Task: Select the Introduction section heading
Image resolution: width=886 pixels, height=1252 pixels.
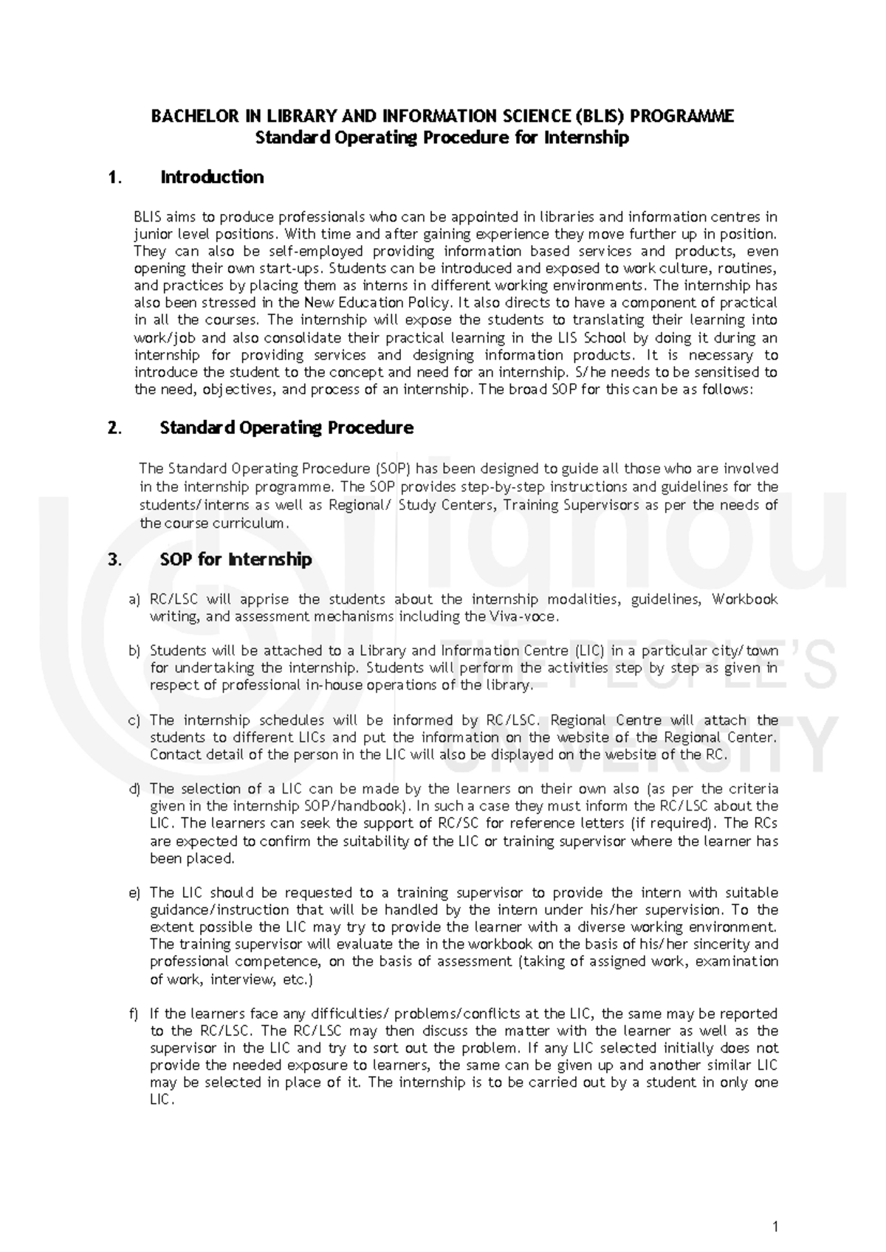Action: (211, 177)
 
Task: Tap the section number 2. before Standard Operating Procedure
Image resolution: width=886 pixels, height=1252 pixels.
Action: (114, 428)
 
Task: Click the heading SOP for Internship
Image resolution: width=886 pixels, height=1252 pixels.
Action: (236, 560)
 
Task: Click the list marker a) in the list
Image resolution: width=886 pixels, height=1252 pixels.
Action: (134, 599)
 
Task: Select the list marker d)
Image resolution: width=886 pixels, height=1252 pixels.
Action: (134, 789)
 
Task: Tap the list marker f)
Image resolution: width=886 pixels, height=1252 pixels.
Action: (134, 1014)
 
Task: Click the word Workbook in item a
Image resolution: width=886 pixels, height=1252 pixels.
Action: (745, 599)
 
